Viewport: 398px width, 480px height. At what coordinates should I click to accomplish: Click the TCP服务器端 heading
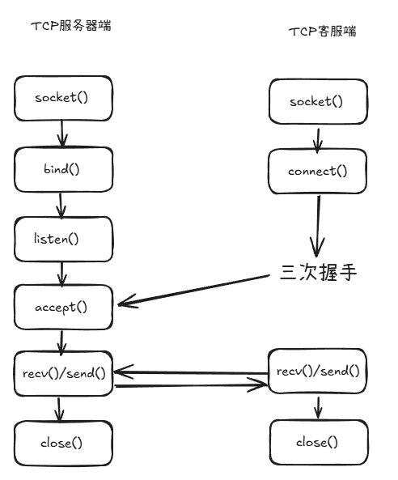pyautogui.click(x=70, y=26)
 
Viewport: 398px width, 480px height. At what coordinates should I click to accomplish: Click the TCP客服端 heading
pyautogui.click(x=322, y=32)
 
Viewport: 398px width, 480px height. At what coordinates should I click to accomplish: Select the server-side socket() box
pyautogui.click(x=61, y=98)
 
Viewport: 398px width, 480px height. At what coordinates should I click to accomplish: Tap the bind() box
pyautogui.click(x=61, y=168)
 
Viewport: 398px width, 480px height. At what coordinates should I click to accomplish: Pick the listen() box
pyautogui.click(x=61, y=239)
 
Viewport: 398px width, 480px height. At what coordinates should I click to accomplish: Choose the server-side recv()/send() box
pyautogui.click(x=63, y=372)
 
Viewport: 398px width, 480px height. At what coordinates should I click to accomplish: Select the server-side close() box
pyautogui.click(x=61, y=443)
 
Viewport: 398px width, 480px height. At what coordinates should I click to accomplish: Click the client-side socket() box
pyautogui.click(x=315, y=102)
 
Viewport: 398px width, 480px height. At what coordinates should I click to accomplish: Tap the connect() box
pyautogui.click(x=316, y=172)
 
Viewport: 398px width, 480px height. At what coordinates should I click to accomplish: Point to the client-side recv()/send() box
pyautogui.click(x=317, y=372)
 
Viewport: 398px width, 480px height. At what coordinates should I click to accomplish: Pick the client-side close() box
pyautogui.click(x=316, y=442)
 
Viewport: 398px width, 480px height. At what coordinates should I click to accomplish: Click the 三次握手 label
pyautogui.click(x=318, y=273)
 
